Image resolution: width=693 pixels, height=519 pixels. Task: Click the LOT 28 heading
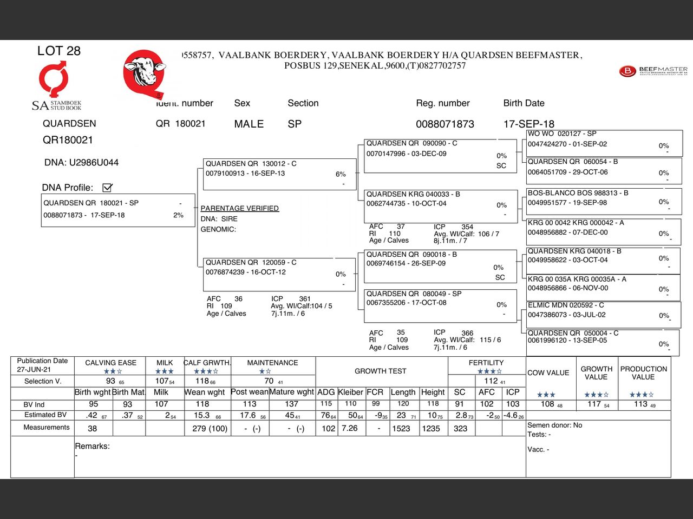click(58, 51)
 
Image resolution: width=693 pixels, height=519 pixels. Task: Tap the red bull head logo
click(143, 74)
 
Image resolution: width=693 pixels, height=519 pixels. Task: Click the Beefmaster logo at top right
click(653, 71)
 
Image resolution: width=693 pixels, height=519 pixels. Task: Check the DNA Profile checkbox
click(107, 188)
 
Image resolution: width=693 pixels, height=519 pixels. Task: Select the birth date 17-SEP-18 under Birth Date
click(528, 124)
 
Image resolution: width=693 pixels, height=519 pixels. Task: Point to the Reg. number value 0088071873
click(444, 124)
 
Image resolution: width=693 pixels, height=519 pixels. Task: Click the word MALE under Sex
click(249, 124)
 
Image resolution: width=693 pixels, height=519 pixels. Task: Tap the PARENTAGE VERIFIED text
click(239, 208)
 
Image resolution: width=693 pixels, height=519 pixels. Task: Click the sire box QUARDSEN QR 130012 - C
click(251, 164)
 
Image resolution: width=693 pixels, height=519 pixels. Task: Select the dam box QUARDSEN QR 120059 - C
click(251, 263)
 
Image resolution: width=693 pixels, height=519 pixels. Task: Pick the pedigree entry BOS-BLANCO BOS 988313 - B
click(578, 193)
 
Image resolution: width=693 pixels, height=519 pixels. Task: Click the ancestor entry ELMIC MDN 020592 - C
click(566, 305)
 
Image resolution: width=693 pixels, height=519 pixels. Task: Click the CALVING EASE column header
click(110, 363)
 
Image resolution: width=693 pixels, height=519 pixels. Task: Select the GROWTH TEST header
click(380, 371)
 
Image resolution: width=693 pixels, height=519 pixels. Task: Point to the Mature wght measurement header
click(291, 392)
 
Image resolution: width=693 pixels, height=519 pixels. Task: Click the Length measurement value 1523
click(401, 428)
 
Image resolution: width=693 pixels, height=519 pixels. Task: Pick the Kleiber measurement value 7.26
click(349, 428)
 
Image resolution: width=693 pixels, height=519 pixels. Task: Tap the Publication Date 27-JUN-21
click(34, 369)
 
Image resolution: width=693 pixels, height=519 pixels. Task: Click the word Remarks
click(92, 446)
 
